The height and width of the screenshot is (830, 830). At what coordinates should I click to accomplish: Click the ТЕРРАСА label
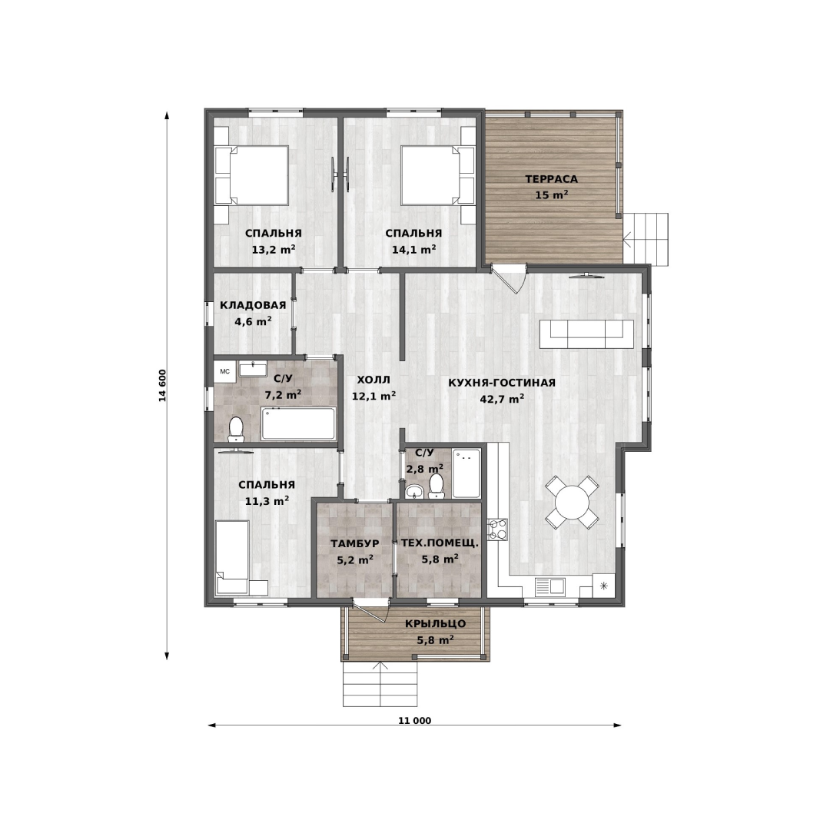coord(551,179)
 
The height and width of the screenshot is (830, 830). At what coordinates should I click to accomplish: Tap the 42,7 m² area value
coord(502,399)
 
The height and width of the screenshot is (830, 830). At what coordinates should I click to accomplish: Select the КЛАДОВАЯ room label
coord(253,305)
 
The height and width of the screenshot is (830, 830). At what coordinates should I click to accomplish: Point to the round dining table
coord(573,502)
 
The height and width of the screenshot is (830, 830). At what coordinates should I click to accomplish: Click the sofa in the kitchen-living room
coord(586,334)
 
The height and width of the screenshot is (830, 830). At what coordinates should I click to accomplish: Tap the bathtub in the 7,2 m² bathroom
coord(298,423)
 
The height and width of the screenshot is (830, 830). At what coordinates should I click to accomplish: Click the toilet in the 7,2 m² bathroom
coord(236,430)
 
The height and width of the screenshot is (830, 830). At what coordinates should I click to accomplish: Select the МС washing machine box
coord(225,372)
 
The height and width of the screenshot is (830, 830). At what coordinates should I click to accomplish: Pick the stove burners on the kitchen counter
coord(497,530)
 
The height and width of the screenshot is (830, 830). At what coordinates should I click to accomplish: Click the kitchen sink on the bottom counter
coord(550,586)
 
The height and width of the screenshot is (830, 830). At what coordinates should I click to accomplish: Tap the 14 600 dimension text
coord(162,385)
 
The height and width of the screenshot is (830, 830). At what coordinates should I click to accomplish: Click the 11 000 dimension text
coord(414,720)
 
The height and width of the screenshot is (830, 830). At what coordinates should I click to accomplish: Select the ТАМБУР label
coord(354,543)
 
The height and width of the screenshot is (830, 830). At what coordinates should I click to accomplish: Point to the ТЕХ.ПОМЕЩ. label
coord(440,543)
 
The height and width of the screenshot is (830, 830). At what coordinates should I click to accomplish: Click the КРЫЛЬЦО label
coord(436,623)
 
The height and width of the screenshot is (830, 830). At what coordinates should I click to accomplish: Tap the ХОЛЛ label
coord(373,380)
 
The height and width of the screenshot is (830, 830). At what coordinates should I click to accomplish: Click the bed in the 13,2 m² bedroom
coord(251,175)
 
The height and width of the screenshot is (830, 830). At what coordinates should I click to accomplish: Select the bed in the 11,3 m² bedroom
coord(232,558)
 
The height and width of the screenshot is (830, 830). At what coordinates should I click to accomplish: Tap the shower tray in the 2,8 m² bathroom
coord(466,473)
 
